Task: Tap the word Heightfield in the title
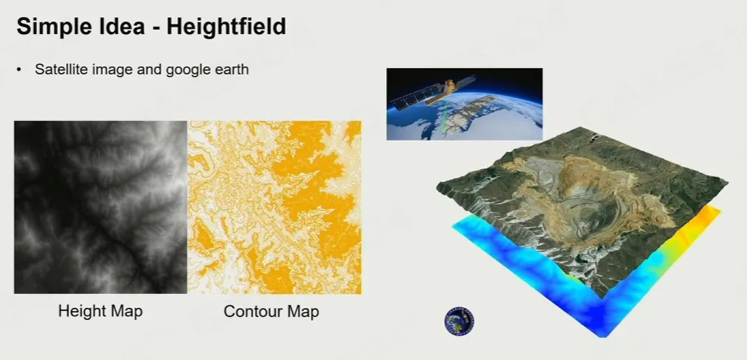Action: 226,26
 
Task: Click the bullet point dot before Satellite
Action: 19,70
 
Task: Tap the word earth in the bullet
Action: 232,69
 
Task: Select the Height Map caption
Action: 101,311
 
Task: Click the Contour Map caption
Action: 271,311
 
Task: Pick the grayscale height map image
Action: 101,207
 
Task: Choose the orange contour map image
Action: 274,207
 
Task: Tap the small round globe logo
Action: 459,321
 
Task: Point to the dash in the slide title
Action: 156,28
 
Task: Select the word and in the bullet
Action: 149,69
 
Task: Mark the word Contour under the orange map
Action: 250,311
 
